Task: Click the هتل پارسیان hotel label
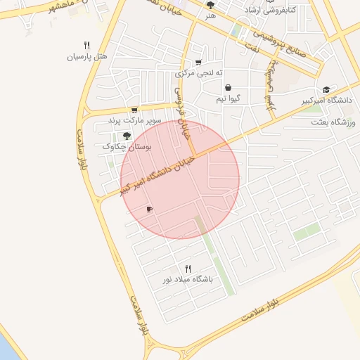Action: pyautogui.click(x=86, y=56)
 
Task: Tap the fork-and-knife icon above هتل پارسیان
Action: pyautogui.click(x=86, y=44)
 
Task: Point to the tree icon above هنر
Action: pyautogui.click(x=210, y=5)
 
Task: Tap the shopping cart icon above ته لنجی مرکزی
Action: pyautogui.click(x=199, y=62)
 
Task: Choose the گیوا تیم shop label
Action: pyautogui.click(x=228, y=99)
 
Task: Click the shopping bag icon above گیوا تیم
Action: pyautogui.click(x=228, y=88)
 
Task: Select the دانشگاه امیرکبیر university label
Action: pyautogui.click(x=327, y=101)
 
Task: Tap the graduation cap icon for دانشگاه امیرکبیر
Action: pyautogui.click(x=326, y=90)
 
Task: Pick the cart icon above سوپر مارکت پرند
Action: pyautogui.click(x=134, y=110)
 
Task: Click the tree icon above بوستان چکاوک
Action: pyautogui.click(x=127, y=135)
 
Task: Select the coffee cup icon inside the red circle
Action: pyautogui.click(x=148, y=209)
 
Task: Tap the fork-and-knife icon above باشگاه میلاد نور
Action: pyautogui.click(x=188, y=268)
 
